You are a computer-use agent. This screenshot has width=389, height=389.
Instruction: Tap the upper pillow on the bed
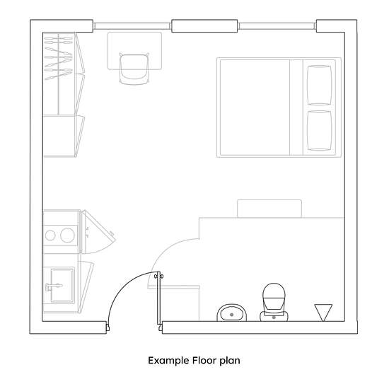[319, 85]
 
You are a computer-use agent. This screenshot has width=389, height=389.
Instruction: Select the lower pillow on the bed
[319, 131]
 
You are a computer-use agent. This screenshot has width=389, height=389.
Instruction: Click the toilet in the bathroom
[274, 302]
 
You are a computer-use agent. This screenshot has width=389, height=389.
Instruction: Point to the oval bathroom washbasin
[232, 313]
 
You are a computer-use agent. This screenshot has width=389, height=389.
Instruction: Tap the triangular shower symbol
[323, 313]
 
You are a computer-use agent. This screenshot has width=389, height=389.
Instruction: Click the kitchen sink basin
[62, 285]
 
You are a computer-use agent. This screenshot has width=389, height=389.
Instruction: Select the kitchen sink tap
[53, 286]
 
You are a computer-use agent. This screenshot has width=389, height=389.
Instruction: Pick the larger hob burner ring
[67, 236]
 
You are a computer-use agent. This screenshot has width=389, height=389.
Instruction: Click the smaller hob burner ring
[50, 236]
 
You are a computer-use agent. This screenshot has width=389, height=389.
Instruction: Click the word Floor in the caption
[204, 360]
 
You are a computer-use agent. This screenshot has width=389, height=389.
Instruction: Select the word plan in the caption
[230, 361]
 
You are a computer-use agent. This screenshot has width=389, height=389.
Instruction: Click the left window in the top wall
[132, 26]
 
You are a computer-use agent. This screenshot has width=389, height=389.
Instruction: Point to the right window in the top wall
[277, 25]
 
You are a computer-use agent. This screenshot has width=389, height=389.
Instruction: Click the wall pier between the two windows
[204, 25]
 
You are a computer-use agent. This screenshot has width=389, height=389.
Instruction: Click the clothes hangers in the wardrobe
[58, 58]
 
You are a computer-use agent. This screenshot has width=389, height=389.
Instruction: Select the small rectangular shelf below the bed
[269, 209]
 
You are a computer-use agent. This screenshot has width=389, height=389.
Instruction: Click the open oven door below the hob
[99, 231]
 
